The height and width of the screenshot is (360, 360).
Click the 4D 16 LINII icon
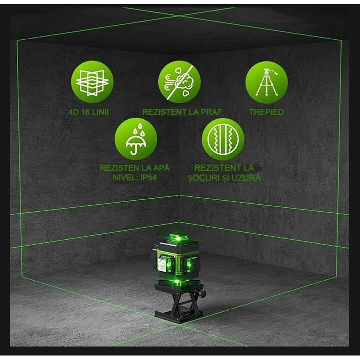coord(92,81)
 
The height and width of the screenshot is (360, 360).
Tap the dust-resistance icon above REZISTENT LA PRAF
coord(179,81)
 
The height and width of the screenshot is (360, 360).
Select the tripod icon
coord(267,81)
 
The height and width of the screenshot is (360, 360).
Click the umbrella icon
coord(136,139)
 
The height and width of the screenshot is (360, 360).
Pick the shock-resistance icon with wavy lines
coord(223,139)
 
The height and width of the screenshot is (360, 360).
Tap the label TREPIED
coord(266,112)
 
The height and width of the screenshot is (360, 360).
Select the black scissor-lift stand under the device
coord(178,305)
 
